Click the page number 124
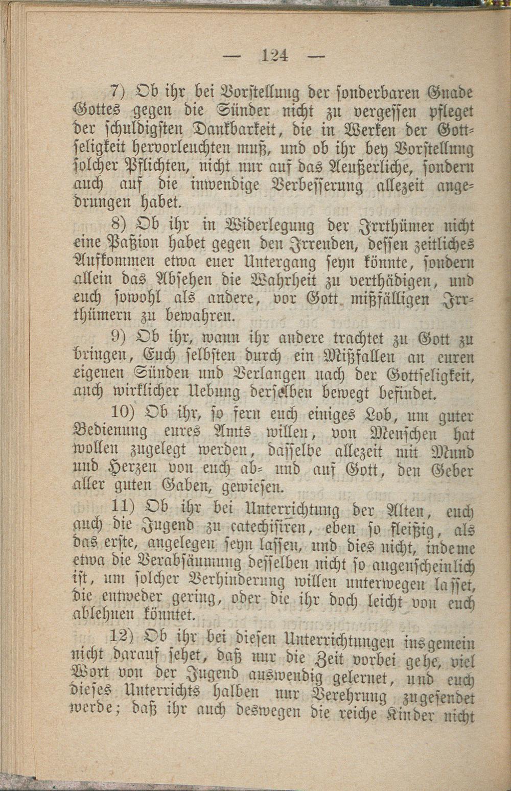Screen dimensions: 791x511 (274, 55)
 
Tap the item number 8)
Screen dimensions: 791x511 (118, 224)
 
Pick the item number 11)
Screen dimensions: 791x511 (122, 509)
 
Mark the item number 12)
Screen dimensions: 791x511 (122, 638)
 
